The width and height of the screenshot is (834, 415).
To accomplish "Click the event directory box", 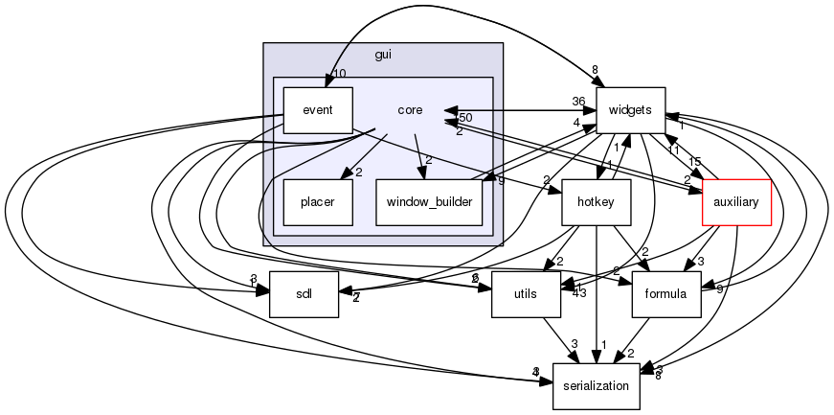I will (x=317, y=110).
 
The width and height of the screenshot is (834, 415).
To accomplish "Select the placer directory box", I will (x=317, y=202).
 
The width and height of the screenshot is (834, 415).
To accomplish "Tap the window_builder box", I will (x=428, y=202).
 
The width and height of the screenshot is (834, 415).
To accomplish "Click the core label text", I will (x=410, y=110).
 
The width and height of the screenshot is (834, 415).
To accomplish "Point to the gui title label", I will (x=383, y=55).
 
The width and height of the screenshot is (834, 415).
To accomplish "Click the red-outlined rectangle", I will (x=736, y=201).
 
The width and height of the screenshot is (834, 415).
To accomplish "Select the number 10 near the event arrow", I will (x=339, y=74).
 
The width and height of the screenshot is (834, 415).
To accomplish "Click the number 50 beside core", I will (x=465, y=118).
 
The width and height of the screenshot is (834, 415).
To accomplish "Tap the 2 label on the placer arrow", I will (x=358, y=173).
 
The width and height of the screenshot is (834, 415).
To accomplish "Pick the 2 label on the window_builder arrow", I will (x=429, y=160).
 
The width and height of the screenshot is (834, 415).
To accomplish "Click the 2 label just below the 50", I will (x=459, y=131).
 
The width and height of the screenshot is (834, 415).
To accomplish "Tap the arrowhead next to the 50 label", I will (x=449, y=110).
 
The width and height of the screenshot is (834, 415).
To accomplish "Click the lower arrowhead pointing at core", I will (x=449, y=122).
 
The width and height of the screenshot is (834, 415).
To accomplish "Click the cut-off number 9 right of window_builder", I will (x=501, y=180).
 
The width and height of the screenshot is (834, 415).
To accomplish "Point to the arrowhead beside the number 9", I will (x=487, y=176).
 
